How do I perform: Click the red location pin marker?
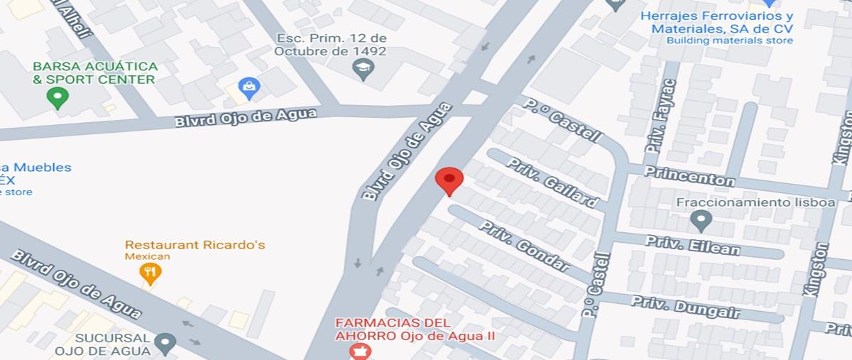(x=449, y=180)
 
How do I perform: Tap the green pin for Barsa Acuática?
(x=57, y=97)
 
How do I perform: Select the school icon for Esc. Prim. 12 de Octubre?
(x=364, y=69)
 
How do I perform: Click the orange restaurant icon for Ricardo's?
(x=150, y=271)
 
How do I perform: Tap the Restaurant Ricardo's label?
(x=195, y=245)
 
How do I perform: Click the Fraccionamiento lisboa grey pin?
(x=701, y=221)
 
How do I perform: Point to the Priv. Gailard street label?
(x=552, y=182)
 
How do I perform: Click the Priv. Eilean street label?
(x=692, y=246)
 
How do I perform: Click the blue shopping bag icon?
(x=248, y=88)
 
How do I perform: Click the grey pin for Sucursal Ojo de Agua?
(x=165, y=344)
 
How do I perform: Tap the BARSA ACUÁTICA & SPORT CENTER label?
(x=95, y=72)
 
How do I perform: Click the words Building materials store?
(x=729, y=40)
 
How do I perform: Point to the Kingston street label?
(x=816, y=270)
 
